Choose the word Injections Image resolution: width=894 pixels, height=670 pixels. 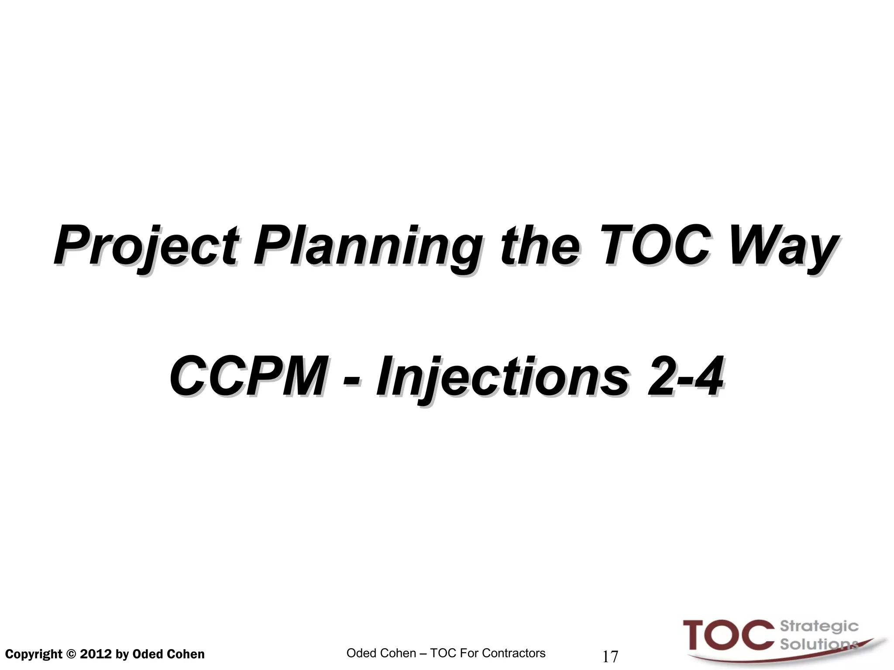point(502,376)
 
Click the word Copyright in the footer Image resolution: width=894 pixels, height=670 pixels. point(34,654)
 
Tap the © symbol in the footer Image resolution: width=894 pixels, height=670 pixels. point(71,654)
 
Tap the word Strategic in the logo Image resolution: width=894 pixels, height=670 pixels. point(819,627)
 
